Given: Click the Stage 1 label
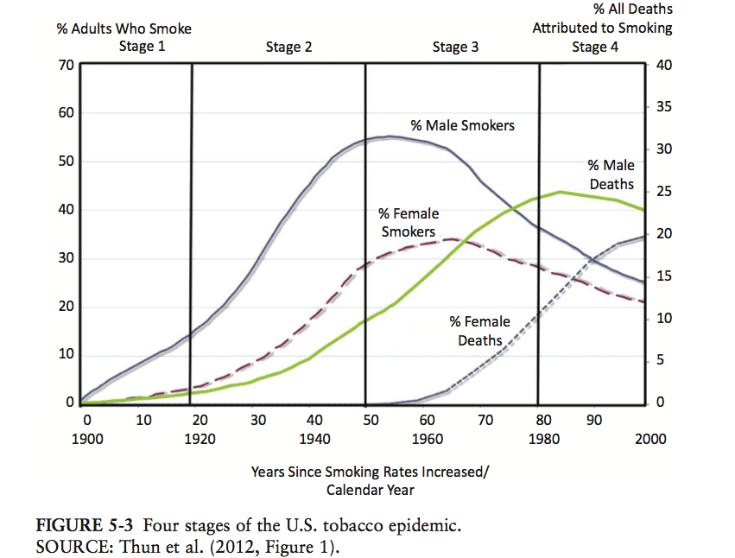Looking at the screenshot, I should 142,47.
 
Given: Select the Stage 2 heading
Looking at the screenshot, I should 289,47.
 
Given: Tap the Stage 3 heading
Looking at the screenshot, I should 455,47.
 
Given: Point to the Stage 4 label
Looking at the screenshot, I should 595,47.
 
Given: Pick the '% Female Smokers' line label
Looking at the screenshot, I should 409,222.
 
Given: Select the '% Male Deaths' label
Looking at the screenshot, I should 611,174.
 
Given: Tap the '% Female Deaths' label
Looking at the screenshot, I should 480,331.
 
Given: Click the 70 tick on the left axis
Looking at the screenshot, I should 66,65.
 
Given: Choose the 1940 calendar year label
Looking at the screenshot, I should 315,438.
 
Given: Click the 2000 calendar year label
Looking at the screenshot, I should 650,438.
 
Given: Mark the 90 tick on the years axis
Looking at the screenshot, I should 594,420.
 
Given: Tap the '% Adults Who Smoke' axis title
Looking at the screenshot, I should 124,29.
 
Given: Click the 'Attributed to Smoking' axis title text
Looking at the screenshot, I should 602,28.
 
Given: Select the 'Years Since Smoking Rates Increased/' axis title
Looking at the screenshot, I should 370,472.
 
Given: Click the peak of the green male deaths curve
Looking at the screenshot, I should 561,192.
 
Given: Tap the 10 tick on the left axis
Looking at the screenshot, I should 66,355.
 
